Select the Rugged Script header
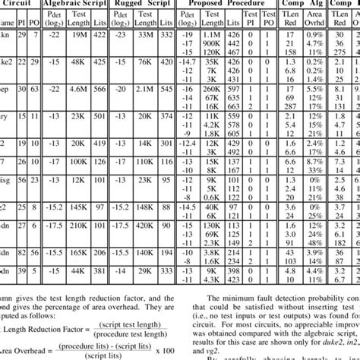coord(140,4)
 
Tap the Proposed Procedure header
coord(228,4)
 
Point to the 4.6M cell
coord(78,89)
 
